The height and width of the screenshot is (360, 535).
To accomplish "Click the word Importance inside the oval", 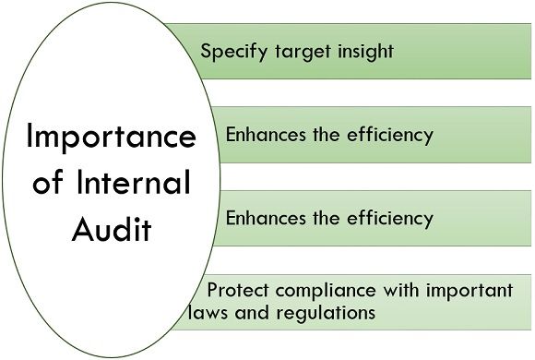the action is point(110,138).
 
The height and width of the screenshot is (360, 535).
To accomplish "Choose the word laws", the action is point(205,313).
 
